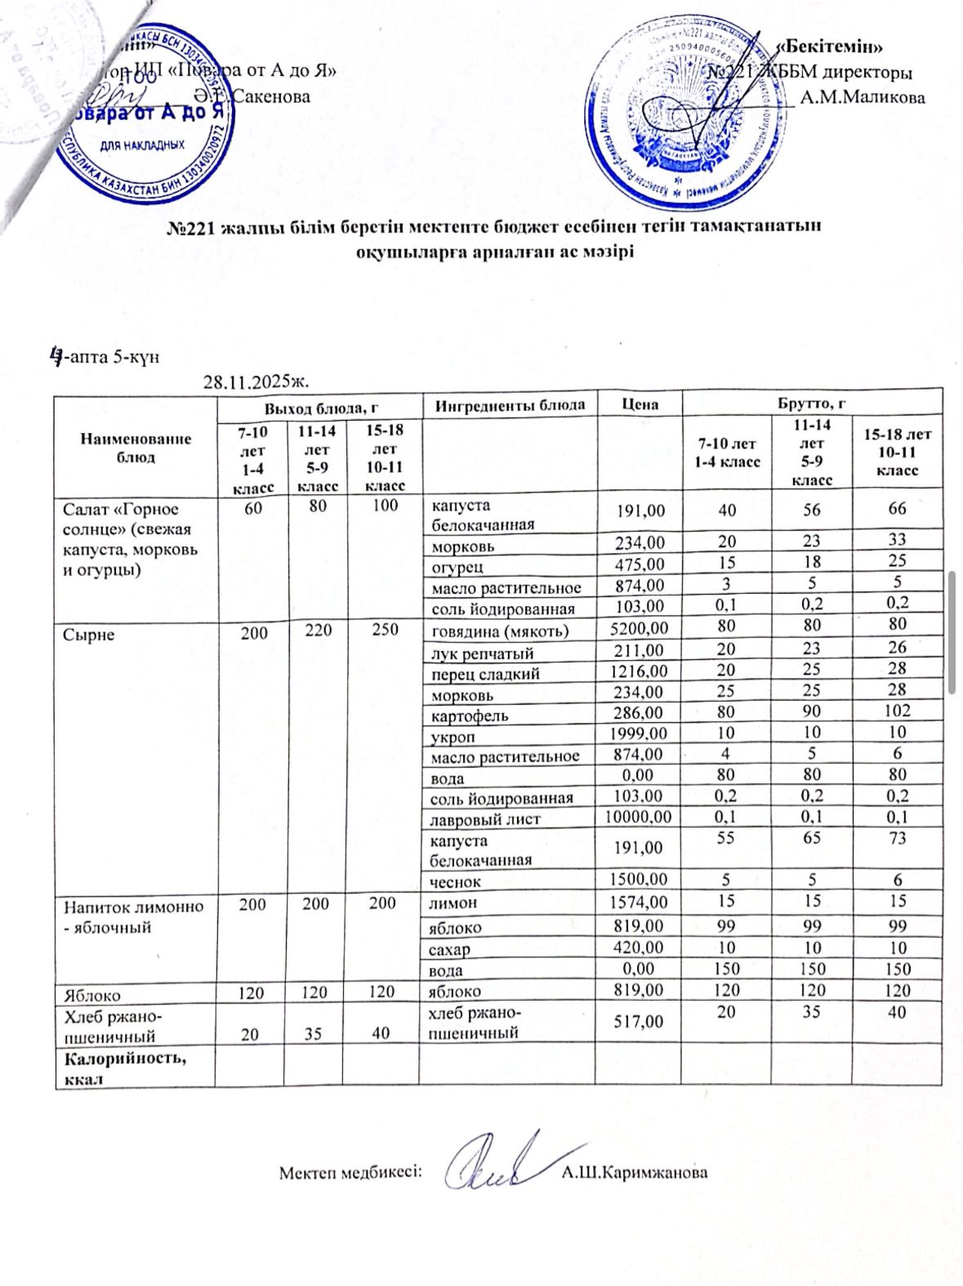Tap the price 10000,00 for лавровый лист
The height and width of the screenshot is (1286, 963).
pyautogui.click(x=638, y=818)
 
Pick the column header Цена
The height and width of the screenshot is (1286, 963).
pyautogui.click(x=640, y=404)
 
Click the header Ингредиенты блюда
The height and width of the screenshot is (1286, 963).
pyautogui.click(x=510, y=404)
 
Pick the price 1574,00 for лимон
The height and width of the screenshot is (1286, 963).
pyautogui.click(x=639, y=902)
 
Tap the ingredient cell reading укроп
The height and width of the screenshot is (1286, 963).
pyautogui.click(x=454, y=735)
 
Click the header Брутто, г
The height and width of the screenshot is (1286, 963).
pyautogui.click(x=811, y=404)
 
